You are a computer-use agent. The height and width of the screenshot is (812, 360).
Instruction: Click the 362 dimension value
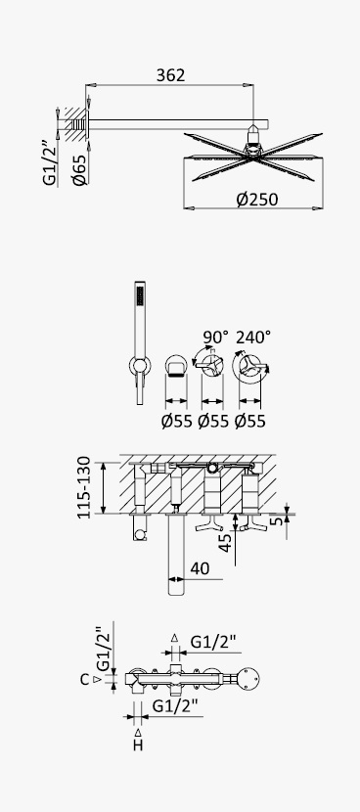[x=170, y=75]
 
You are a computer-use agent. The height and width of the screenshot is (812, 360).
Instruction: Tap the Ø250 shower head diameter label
[x=257, y=200]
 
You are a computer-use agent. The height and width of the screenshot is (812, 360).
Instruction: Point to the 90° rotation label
[x=215, y=338]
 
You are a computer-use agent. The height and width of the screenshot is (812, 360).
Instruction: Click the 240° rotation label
[x=253, y=338]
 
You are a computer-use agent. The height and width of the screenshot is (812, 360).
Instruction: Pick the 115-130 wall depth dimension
[x=83, y=487]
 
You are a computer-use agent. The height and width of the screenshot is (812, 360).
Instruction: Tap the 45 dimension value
[x=226, y=543]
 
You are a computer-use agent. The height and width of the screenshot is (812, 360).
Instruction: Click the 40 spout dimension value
[x=200, y=568]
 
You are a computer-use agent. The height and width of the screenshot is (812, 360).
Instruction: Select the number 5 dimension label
[x=279, y=519]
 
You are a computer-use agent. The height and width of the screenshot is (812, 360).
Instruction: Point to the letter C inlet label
[x=85, y=679]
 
